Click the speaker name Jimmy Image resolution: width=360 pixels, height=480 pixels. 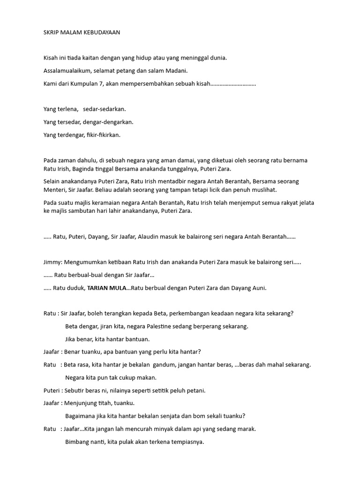[52, 262]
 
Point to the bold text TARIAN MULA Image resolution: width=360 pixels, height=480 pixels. [107, 288]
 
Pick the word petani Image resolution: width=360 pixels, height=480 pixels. [195, 390]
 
